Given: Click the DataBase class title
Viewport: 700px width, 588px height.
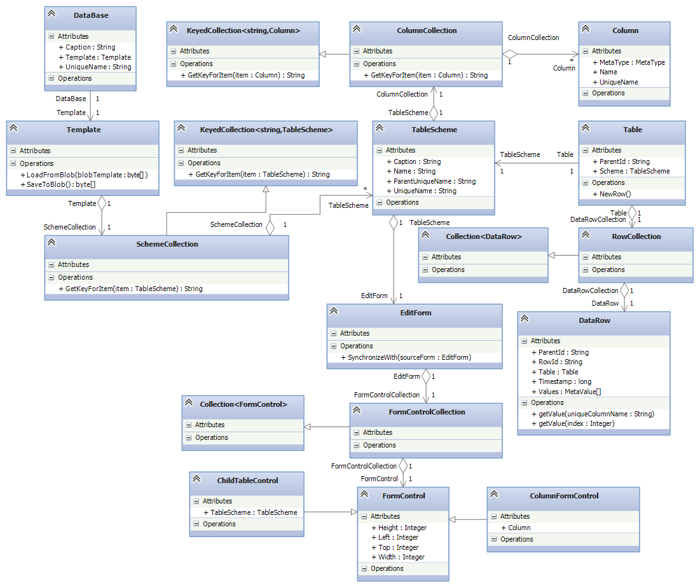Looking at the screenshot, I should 91,15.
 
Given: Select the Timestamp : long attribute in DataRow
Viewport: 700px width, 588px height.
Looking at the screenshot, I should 559,381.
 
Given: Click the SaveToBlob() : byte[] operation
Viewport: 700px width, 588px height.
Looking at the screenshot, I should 61,184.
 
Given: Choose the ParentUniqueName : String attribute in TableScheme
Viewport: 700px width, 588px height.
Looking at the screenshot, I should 430,181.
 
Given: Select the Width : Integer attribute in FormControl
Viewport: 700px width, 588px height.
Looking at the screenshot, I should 402,557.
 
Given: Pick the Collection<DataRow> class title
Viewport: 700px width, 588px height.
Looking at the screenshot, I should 484,236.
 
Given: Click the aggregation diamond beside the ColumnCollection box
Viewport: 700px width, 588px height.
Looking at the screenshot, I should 510,55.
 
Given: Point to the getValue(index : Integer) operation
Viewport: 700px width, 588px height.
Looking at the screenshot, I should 577,423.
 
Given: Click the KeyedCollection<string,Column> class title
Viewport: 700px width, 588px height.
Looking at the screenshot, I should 243,31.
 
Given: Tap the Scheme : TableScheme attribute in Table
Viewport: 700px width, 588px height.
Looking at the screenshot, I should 635,171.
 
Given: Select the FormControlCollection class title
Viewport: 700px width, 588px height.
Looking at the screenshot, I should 427,412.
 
